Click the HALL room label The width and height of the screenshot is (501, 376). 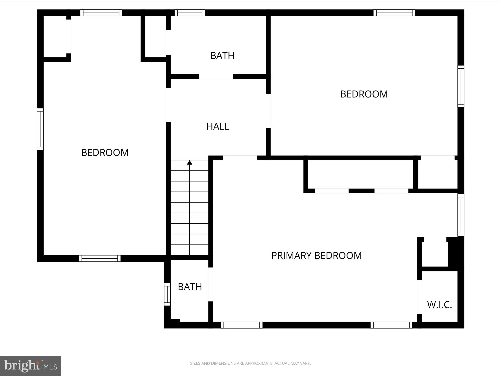click(x=218, y=126)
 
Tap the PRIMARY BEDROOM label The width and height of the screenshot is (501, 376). click(x=316, y=255)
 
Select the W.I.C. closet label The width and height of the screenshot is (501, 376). click(x=439, y=305)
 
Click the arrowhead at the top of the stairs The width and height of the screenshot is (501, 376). click(x=190, y=163)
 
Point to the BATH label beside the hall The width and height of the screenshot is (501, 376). click(x=222, y=55)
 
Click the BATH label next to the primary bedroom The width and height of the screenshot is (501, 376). click(x=190, y=287)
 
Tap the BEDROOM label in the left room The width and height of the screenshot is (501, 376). click(x=105, y=152)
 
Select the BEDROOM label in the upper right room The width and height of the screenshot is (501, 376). click(x=364, y=94)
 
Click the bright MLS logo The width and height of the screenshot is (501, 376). click(x=31, y=366)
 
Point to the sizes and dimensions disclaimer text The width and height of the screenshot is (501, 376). click(x=250, y=363)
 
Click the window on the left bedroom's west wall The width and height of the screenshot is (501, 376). click(x=40, y=129)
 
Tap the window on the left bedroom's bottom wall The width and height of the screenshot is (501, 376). click(x=100, y=258)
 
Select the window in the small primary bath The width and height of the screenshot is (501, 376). click(x=167, y=294)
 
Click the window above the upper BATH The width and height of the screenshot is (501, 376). click(x=190, y=13)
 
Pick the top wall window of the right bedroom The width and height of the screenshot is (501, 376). click(x=394, y=13)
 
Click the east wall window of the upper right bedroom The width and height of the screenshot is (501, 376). click(x=461, y=86)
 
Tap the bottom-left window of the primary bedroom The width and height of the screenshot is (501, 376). click(x=241, y=325)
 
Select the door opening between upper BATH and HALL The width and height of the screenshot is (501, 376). click(x=216, y=76)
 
